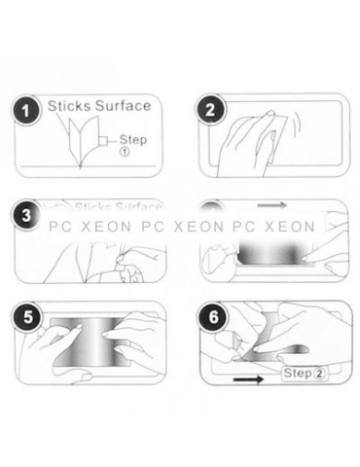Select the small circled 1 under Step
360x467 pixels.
125,152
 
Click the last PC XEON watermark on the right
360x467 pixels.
277,230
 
